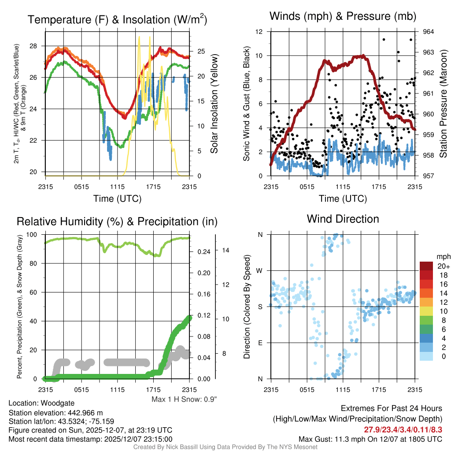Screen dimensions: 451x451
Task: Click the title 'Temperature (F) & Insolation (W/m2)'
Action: pos(117,20)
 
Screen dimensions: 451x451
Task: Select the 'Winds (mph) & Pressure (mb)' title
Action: pos(343,17)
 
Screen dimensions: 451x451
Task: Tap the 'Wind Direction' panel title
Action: pos(343,219)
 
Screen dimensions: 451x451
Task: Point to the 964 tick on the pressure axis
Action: pos(429,32)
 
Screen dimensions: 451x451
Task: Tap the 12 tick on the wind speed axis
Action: pos(259,32)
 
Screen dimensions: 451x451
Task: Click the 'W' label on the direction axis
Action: pos(260,270)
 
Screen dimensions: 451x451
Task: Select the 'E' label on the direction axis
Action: pos(260,343)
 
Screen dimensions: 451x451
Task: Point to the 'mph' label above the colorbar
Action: pos(442,256)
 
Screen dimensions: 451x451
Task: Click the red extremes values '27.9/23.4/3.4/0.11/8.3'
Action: pos(403,429)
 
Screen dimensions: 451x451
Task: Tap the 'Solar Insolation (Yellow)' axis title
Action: pos(214,104)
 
